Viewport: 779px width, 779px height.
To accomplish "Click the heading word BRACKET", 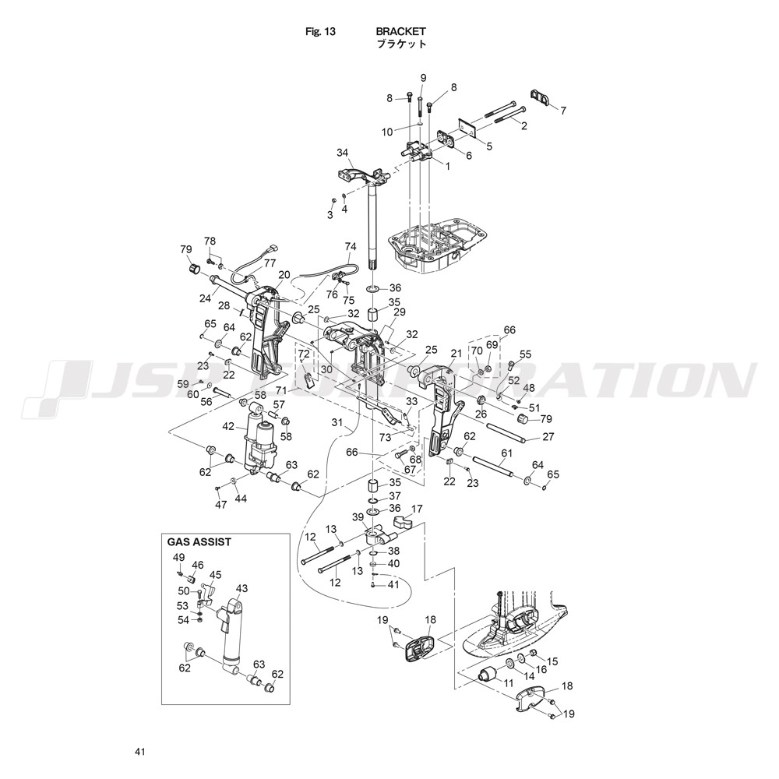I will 401,32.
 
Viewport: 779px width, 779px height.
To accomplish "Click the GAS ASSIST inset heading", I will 199,541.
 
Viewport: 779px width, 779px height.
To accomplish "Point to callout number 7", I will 564,110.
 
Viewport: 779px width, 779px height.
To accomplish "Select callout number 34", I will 342,152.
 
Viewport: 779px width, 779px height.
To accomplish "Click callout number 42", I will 228,426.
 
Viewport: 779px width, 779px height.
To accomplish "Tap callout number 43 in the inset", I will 241,588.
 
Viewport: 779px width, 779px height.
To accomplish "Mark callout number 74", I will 351,246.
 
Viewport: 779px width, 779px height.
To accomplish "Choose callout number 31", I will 337,423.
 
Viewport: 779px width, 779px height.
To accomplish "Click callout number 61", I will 506,453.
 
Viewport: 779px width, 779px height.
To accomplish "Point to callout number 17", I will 417,509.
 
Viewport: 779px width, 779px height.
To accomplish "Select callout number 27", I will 548,436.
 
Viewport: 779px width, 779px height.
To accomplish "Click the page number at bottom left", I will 140,752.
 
